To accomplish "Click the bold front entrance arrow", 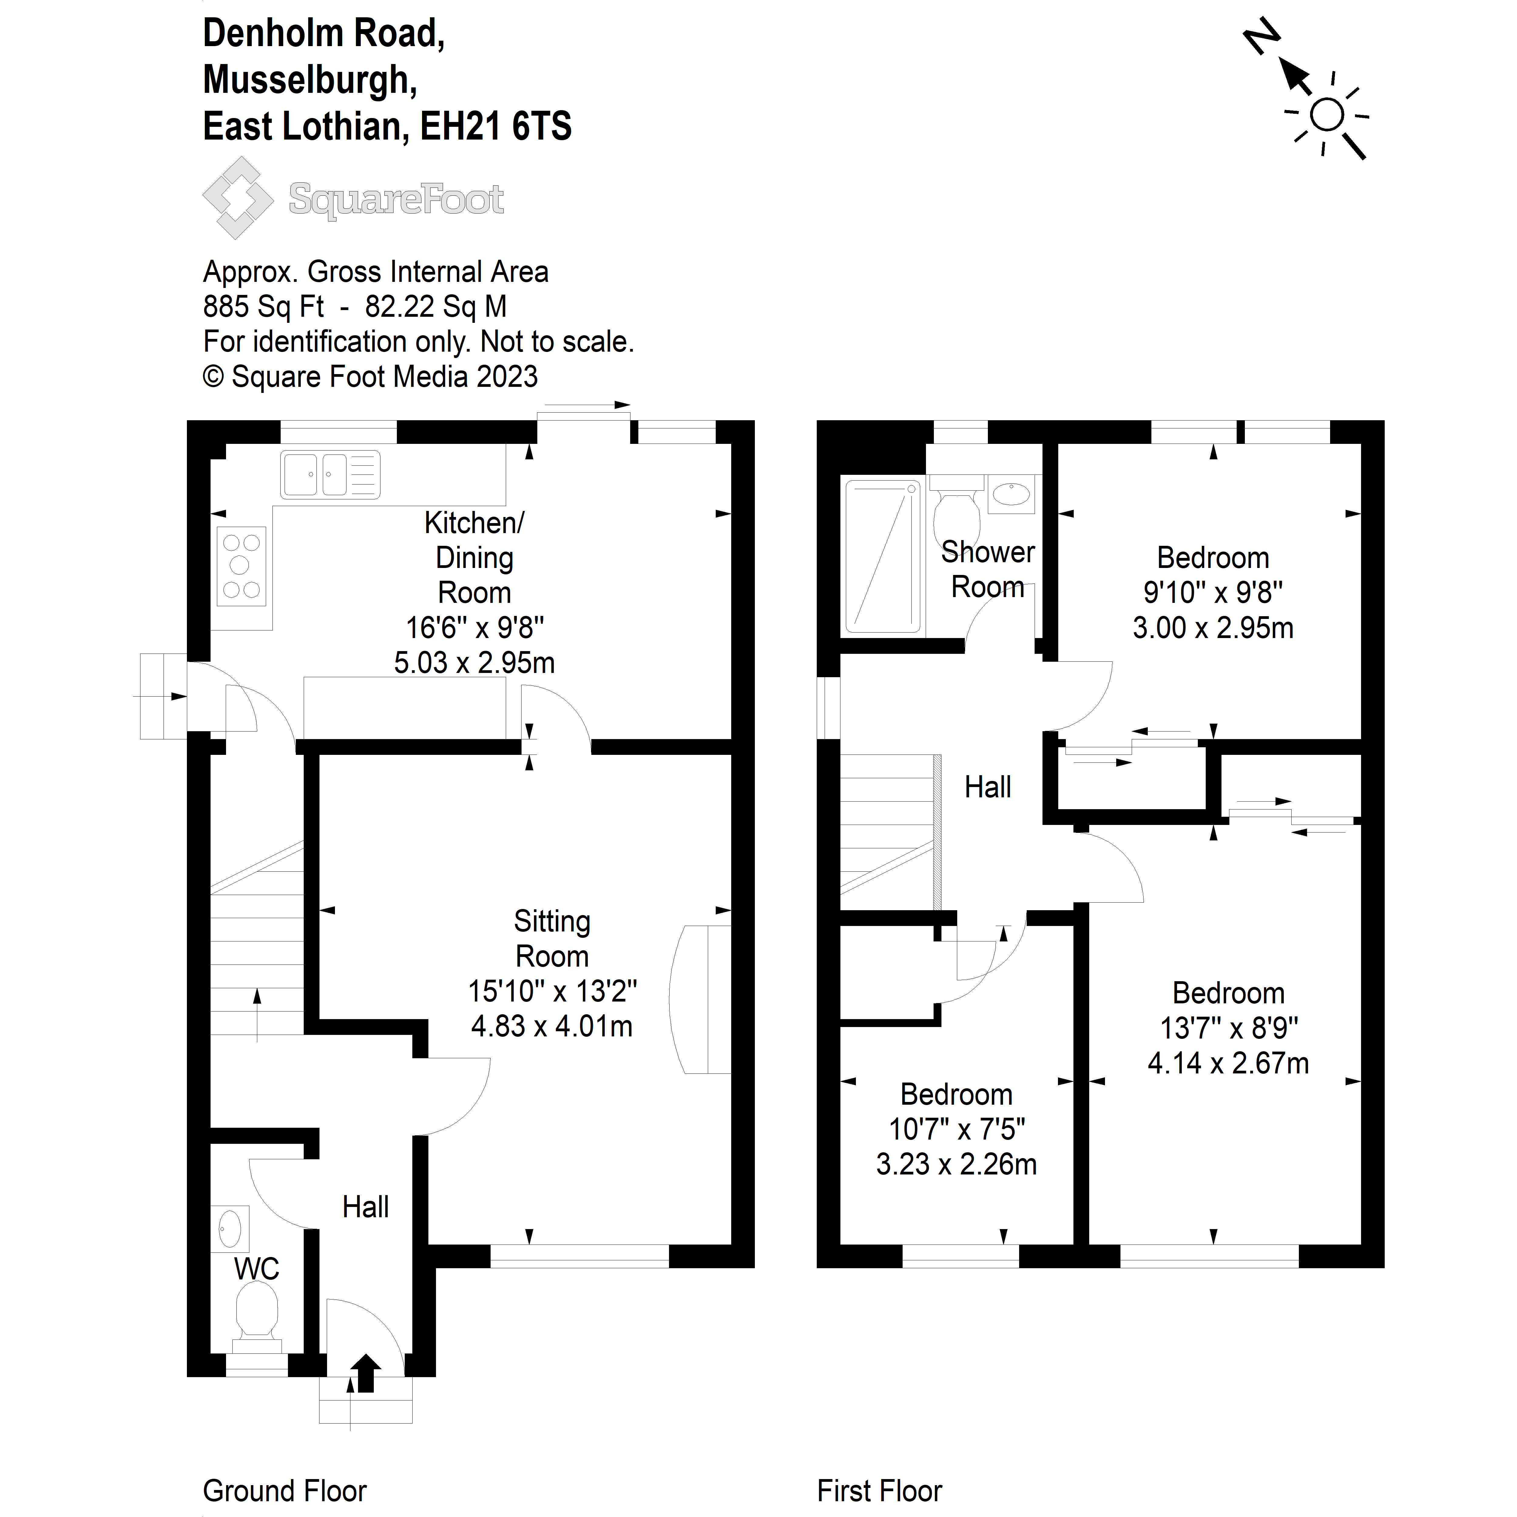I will click(x=365, y=1373).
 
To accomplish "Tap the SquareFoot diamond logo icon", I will click(x=238, y=198).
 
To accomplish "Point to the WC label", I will click(x=257, y=1269).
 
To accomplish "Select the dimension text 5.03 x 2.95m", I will click(x=474, y=663).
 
